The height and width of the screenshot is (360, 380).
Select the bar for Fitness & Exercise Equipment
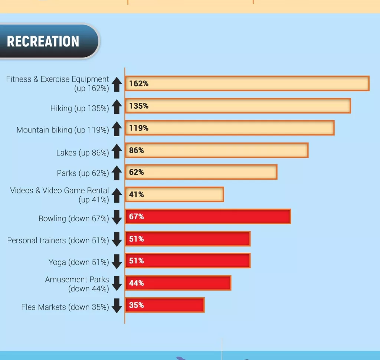click(x=247, y=84)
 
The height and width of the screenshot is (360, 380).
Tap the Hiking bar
click(x=238, y=106)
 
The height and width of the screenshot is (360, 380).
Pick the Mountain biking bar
click(x=230, y=128)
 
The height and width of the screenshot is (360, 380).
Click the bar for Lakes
click(x=217, y=150)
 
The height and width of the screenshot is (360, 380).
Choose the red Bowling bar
click(x=208, y=216)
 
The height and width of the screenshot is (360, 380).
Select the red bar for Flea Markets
click(x=165, y=305)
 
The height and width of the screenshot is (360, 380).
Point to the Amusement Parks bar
click(x=178, y=283)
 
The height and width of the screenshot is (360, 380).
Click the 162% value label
click(x=139, y=84)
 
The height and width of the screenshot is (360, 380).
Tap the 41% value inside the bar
click(x=137, y=194)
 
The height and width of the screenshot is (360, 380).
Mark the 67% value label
click(x=137, y=216)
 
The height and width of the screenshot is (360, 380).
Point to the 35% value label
click(x=137, y=305)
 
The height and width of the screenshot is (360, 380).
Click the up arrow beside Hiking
click(x=117, y=107)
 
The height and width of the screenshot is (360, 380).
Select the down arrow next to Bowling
click(x=117, y=217)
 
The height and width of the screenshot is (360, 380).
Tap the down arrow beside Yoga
click(x=117, y=262)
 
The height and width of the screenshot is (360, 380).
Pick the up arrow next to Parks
click(x=117, y=173)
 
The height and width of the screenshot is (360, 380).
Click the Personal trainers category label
click(x=58, y=240)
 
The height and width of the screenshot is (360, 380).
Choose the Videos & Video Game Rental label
click(x=60, y=195)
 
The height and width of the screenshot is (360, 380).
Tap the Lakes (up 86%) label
click(x=82, y=153)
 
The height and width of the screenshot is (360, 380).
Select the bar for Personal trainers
click(x=188, y=239)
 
